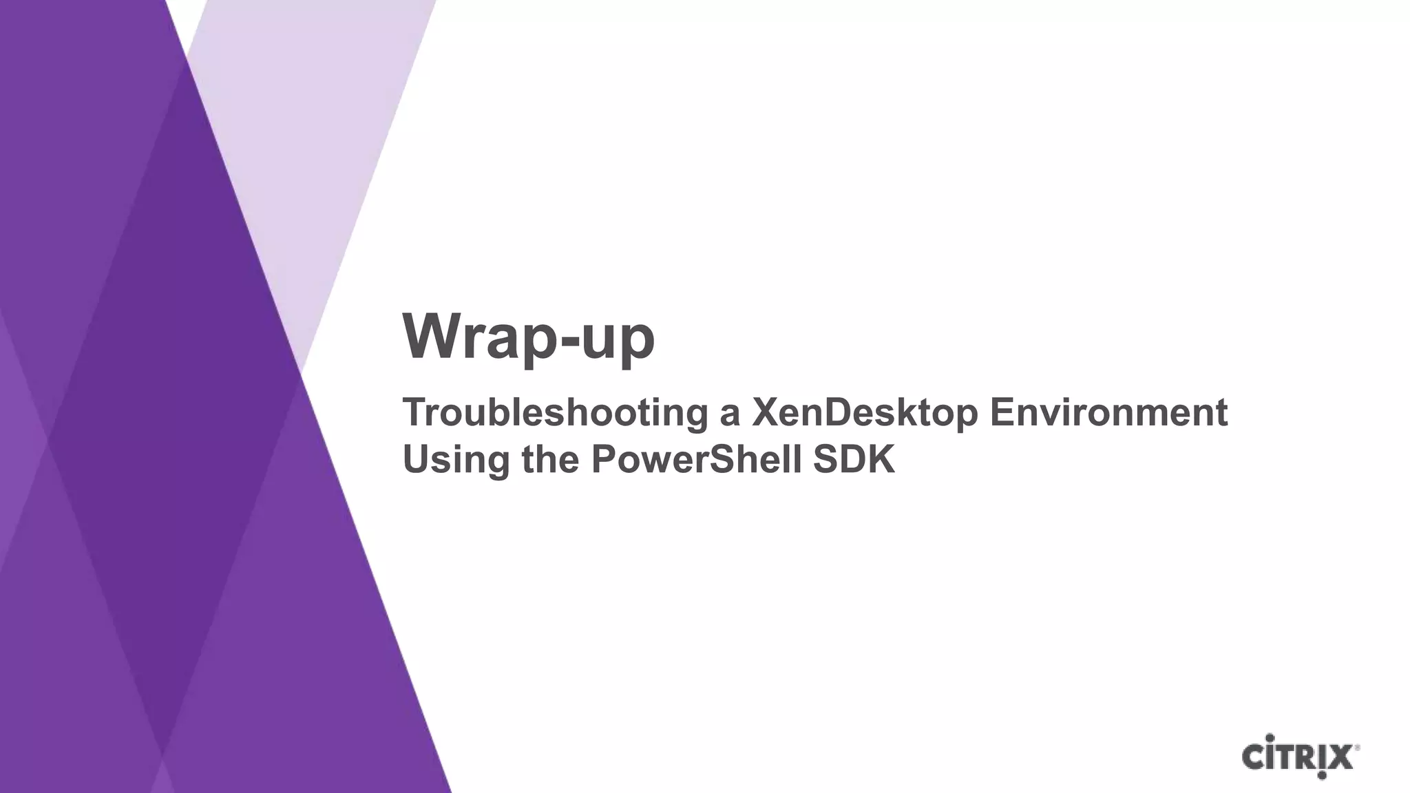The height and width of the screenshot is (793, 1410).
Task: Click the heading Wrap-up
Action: (528, 337)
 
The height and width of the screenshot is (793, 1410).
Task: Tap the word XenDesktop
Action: (864, 413)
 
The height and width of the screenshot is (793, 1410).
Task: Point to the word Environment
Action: (1108, 412)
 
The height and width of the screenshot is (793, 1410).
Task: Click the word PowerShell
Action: (696, 459)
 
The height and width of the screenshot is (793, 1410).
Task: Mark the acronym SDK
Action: (854, 459)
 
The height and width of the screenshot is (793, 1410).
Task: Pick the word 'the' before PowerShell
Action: (549, 459)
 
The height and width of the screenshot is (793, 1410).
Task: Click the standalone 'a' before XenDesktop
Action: (729, 415)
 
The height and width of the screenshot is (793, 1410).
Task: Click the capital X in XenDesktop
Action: (766, 412)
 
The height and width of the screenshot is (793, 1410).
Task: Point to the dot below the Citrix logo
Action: (1321, 776)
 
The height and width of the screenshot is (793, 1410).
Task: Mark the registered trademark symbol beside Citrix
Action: (1357, 748)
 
